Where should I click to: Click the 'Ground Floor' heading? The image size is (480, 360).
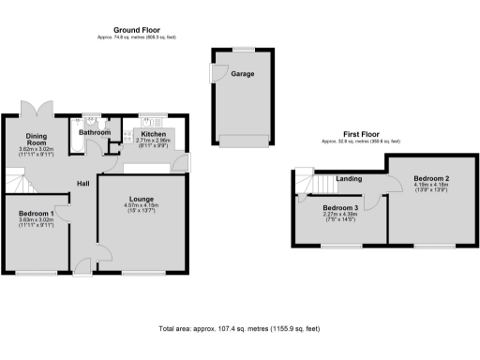pyautogui.click(x=134, y=30)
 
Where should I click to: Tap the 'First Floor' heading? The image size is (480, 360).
pyautogui.click(x=361, y=133)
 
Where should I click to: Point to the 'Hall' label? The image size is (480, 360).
pyautogui.click(x=82, y=182)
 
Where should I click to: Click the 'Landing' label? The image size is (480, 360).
pyautogui.click(x=350, y=178)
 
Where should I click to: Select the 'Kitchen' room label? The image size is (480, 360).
pyautogui.click(x=154, y=132)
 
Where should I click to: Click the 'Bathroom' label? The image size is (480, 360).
pyautogui.click(x=94, y=132)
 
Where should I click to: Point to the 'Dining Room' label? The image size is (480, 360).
pyautogui.click(x=37, y=138)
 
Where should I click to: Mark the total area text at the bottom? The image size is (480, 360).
pyautogui.click(x=240, y=329)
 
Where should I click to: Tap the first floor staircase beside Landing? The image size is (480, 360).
pyautogui.click(x=310, y=182)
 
